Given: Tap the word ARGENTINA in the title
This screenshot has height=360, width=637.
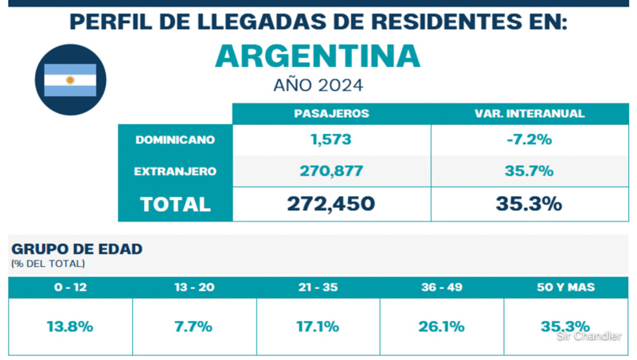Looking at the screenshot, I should pyautogui.click(x=318, y=55).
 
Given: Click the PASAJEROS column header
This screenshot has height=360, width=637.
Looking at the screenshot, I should pyautogui.click(x=331, y=114).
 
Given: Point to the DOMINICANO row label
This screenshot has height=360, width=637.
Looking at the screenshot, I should pyautogui.click(x=175, y=139).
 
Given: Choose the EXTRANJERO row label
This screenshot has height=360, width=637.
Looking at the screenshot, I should pyautogui.click(x=175, y=170).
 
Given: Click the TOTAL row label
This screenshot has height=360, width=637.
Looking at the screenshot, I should pyautogui.click(x=175, y=204).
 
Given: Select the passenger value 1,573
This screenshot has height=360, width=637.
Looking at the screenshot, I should pyautogui.click(x=331, y=139).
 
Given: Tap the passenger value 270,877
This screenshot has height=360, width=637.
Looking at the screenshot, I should pyautogui.click(x=331, y=170).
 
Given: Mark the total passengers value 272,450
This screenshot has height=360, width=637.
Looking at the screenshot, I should pyautogui.click(x=331, y=204).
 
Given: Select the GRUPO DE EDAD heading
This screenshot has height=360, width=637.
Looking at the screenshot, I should pyautogui.click(x=76, y=249).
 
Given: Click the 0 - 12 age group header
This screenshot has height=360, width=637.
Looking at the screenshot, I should pyautogui.click(x=70, y=288).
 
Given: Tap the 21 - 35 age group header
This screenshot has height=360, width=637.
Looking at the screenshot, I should pyautogui.click(x=318, y=288).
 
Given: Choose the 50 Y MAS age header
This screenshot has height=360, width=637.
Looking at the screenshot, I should pyautogui.click(x=566, y=288).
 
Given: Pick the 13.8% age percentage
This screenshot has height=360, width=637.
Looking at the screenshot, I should pyautogui.click(x=70, y=326).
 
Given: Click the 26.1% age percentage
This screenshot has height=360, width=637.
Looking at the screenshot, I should pyautogui.click(x=442, y=326).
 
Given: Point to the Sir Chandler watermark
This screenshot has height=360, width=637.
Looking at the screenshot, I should pyautogui.click(x=588, y=336).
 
